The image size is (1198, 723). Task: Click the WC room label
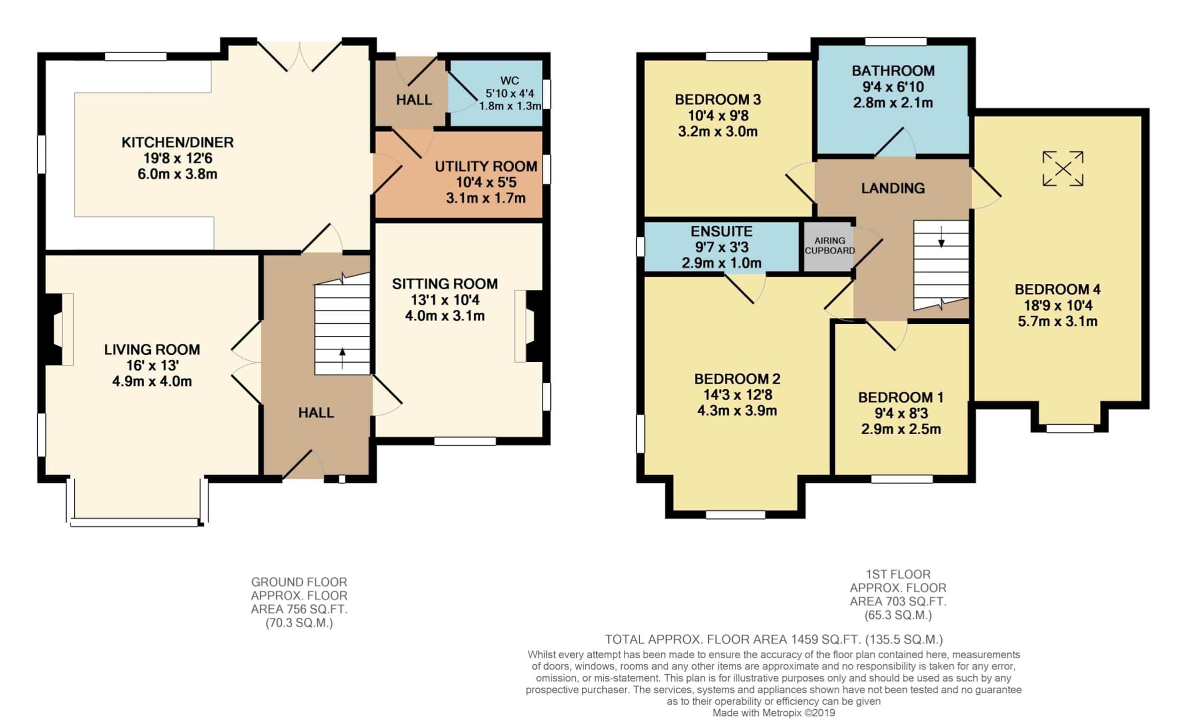pos(510,80)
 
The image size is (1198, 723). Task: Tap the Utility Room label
pos(486,166)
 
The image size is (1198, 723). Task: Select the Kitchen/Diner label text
pos(177,142)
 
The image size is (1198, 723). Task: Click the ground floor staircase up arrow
pos(342,358)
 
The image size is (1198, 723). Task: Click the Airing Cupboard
pos(829,246)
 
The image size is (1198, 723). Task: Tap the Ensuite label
pos(722,231)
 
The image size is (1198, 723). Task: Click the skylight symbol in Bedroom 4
pos(1063,169)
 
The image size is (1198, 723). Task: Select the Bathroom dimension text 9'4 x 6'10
pos(893,87)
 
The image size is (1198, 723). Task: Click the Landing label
pos(893,189)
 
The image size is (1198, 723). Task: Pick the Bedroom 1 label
pos(901,398)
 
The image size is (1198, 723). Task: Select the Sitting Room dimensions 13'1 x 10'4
pos(445,301)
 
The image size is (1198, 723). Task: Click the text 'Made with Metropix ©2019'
pos(774,713)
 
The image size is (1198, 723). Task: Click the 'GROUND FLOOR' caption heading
pos(299,582)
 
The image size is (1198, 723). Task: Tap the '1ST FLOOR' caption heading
pos(898,574)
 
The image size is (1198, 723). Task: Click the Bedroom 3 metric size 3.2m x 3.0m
pos(718,132)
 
